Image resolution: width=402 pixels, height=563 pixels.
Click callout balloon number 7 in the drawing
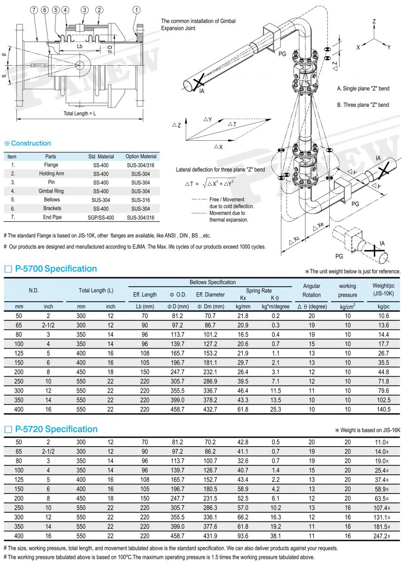pyautogui.click(x=34, y=9)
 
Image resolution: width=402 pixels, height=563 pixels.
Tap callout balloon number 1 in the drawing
pyautogui.click(x=136, y=9)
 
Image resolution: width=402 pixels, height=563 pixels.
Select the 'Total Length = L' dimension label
pyautogui.click(x=79, y=114)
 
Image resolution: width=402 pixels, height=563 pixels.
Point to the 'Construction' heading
pyautogui.click(x=31, y=143)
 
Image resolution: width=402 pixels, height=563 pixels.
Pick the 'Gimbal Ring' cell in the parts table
pyautogui.click(x=51, y=191)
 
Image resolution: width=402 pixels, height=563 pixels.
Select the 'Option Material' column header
pyautogui.click(x=141, y=156)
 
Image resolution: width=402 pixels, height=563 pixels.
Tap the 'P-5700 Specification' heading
pyautogui.click(x=56, y=269)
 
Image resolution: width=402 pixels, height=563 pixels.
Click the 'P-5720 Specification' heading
pyautogui.click(x=56, y=429)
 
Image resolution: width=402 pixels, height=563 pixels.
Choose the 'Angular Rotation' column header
pyautogui.click(x=311, y=290)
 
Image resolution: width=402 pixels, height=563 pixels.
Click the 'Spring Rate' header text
pyautogui.click(x=259, y=290)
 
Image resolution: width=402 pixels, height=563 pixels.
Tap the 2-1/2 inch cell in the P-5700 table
pyautogui.click(x=48, y=325)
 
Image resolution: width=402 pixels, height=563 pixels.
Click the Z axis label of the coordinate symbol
pyautogui.click(x=374, y=22)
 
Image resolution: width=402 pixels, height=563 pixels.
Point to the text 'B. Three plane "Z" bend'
pyautogui.click(x=363, y=105)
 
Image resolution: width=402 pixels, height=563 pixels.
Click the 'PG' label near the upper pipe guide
pyautogui.click(x=282, y=54)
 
